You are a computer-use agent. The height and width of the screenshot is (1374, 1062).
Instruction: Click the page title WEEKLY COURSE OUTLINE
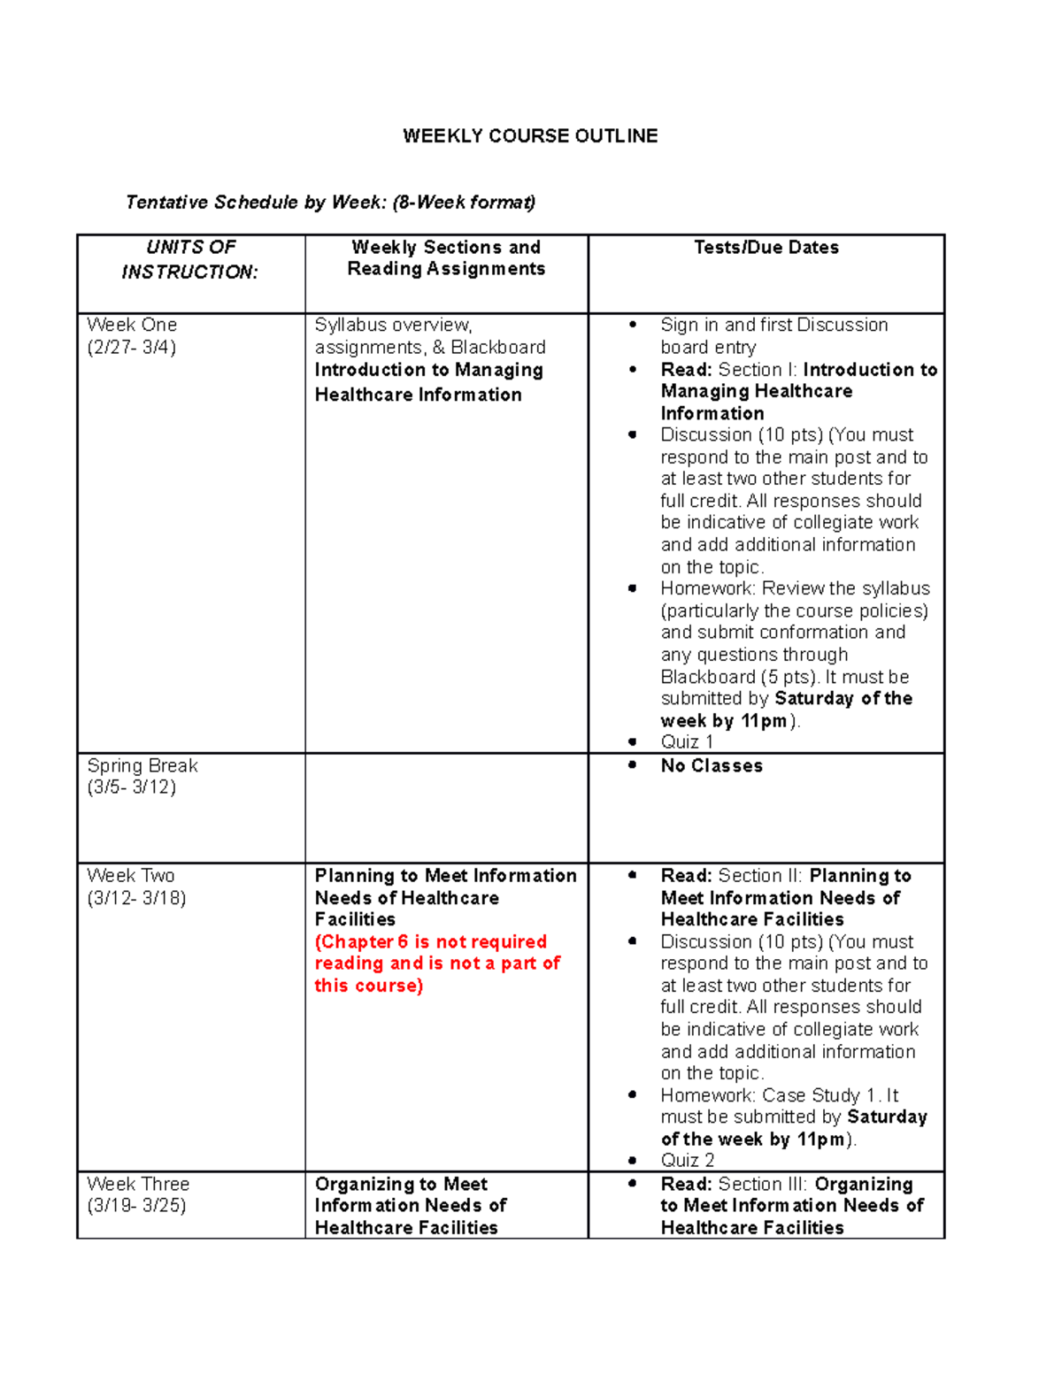pyautogui.click(x=530, y=136)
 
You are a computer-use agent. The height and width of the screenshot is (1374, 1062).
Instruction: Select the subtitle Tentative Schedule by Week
pyautogui.click(x=330, y=203)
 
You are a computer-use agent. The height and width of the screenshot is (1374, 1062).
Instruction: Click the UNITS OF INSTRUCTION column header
pyautogui.click(x=190, y=259)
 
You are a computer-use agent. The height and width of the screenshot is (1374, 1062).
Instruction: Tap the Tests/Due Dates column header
pyautogui.click(x=766, y=248)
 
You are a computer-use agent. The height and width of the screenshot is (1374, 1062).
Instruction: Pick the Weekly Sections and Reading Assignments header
pyautogui.click(x=446, y=258)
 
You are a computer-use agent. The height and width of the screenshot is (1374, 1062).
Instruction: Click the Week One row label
pyautogui.click(x=132, y=325)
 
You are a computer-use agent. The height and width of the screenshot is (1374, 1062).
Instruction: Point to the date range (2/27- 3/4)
pyautogui.click(x=132, y=347)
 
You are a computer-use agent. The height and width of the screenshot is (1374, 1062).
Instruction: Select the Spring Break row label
pyautogui.click(x=142, y=765)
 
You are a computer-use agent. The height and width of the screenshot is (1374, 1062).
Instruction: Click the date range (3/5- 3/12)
pyautogui.click(x=132, y=787)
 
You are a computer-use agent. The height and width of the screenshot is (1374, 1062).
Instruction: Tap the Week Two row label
pyautogui.click(x=131, y=875)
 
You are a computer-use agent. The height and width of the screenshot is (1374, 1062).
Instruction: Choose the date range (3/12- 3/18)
pyautogui.click(x=136, y=898)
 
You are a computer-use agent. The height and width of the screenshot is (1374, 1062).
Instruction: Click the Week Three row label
pyautogui.click(x=138, y=1184)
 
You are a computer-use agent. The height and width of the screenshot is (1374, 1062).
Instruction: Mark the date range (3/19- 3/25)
pyautogui.click(x=136, y=1205)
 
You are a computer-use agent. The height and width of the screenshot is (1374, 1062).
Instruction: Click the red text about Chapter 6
pyautogui.click(x=437, y=963)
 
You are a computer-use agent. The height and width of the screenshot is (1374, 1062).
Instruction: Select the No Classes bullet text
pyautogui.click(x=712, y=766)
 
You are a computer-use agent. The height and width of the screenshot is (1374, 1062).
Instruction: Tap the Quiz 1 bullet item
pyautogui.click(x=687, y=742)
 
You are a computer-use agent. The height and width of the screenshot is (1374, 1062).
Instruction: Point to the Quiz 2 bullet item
pyautogui.click(x=688, y=1160)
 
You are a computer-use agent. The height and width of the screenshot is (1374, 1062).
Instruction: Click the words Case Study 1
pyautogui.click(x=819, y=1095)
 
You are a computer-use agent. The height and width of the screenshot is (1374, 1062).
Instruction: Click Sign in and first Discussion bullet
pyautogui.click(x=773, y=326)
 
